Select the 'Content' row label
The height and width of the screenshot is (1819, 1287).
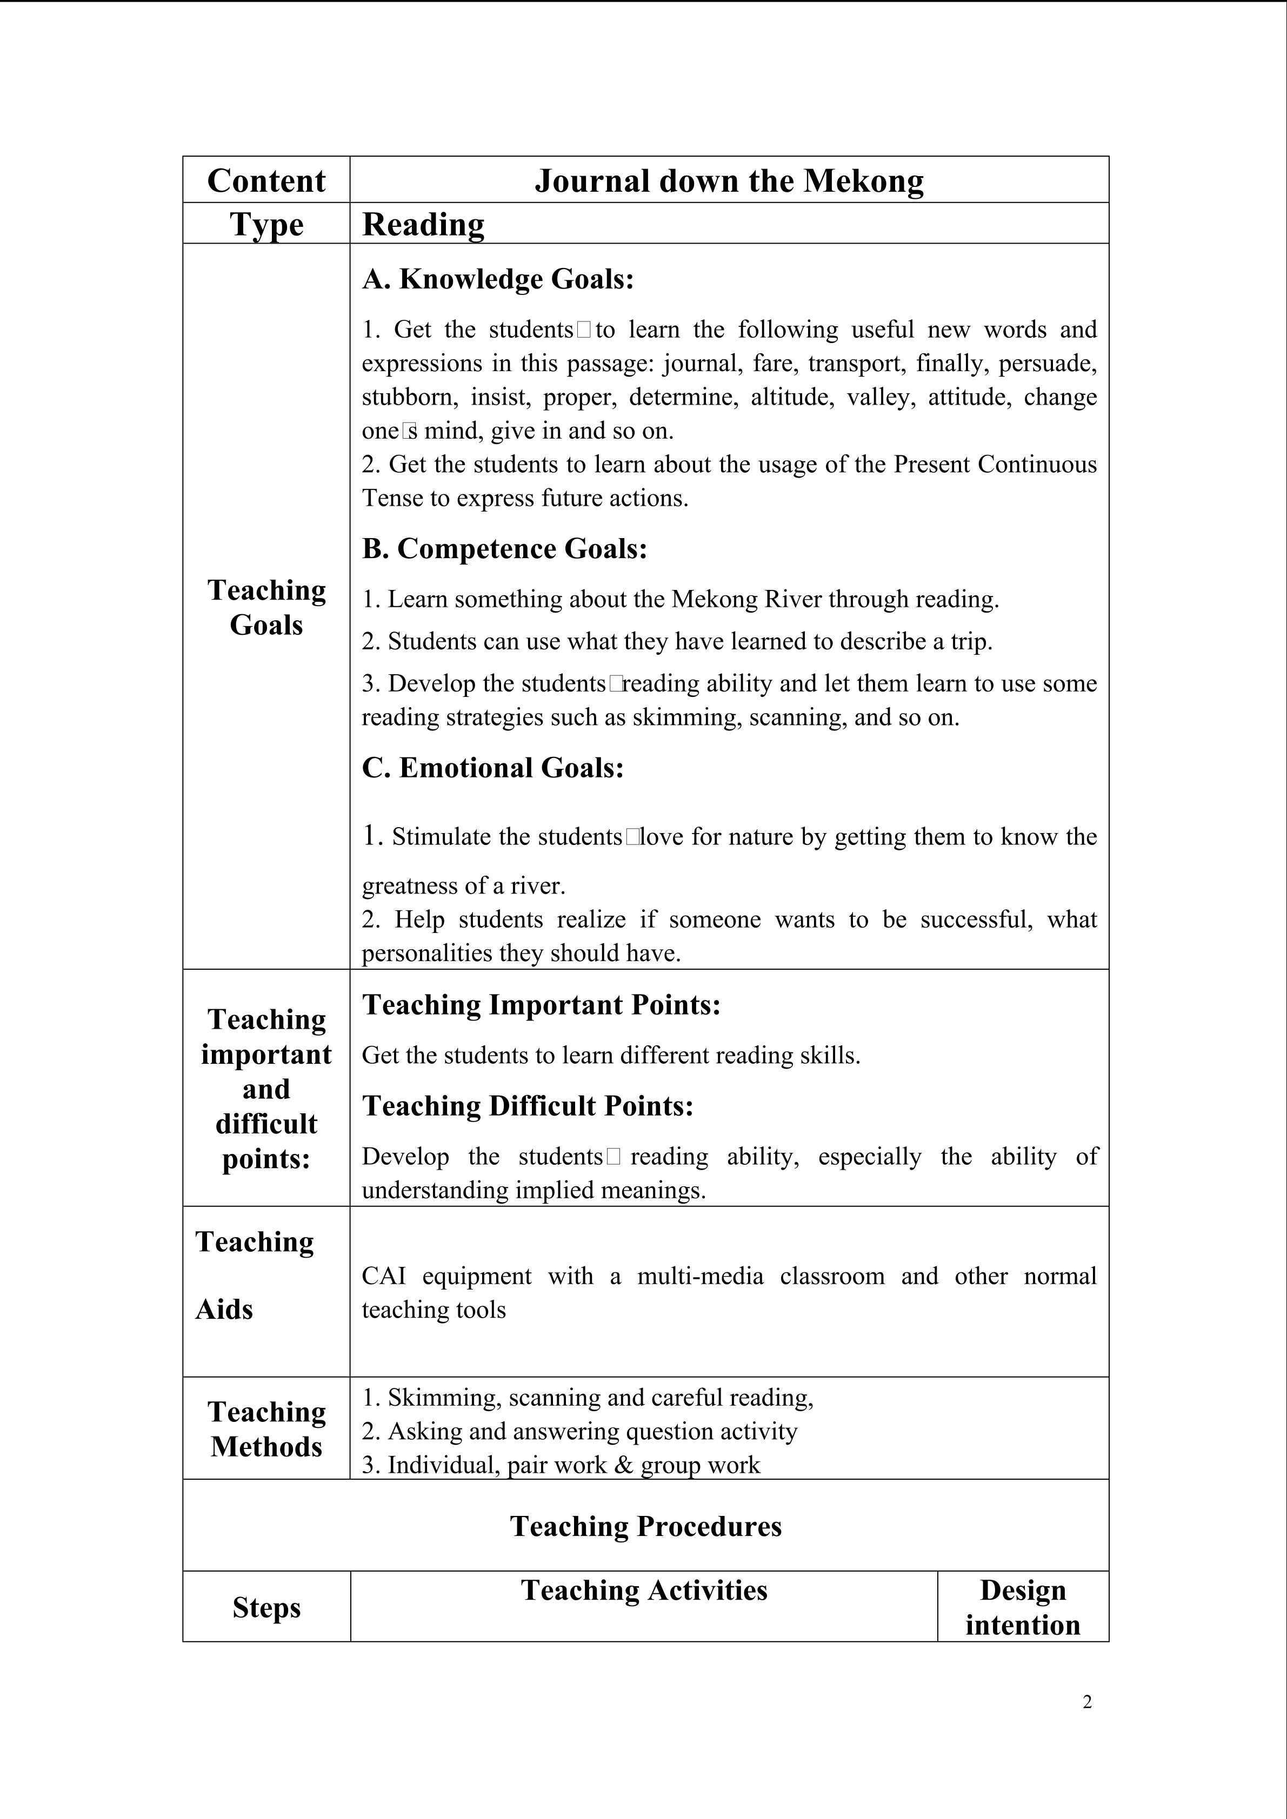tap(266, 180)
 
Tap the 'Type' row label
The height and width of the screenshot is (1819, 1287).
tap(266, 224)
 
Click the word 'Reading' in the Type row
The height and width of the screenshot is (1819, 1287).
tap(423, 224)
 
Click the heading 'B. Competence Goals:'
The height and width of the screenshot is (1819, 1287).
tap(505, 548)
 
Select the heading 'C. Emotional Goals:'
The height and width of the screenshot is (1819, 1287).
tap(493, 768)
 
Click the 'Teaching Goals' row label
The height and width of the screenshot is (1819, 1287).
tap(266, 608)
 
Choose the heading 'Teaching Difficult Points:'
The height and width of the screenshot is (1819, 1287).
tap(528, 1106)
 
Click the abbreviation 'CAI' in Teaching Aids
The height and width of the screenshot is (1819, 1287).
tap(384, 1276)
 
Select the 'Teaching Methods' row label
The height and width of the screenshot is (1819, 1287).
tap(266, 1429)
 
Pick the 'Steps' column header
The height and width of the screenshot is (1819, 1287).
tap(266, 1607)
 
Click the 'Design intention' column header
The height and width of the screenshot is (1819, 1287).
tap(1022, 1607)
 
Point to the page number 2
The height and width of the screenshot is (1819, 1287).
tap(1086, 1702)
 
